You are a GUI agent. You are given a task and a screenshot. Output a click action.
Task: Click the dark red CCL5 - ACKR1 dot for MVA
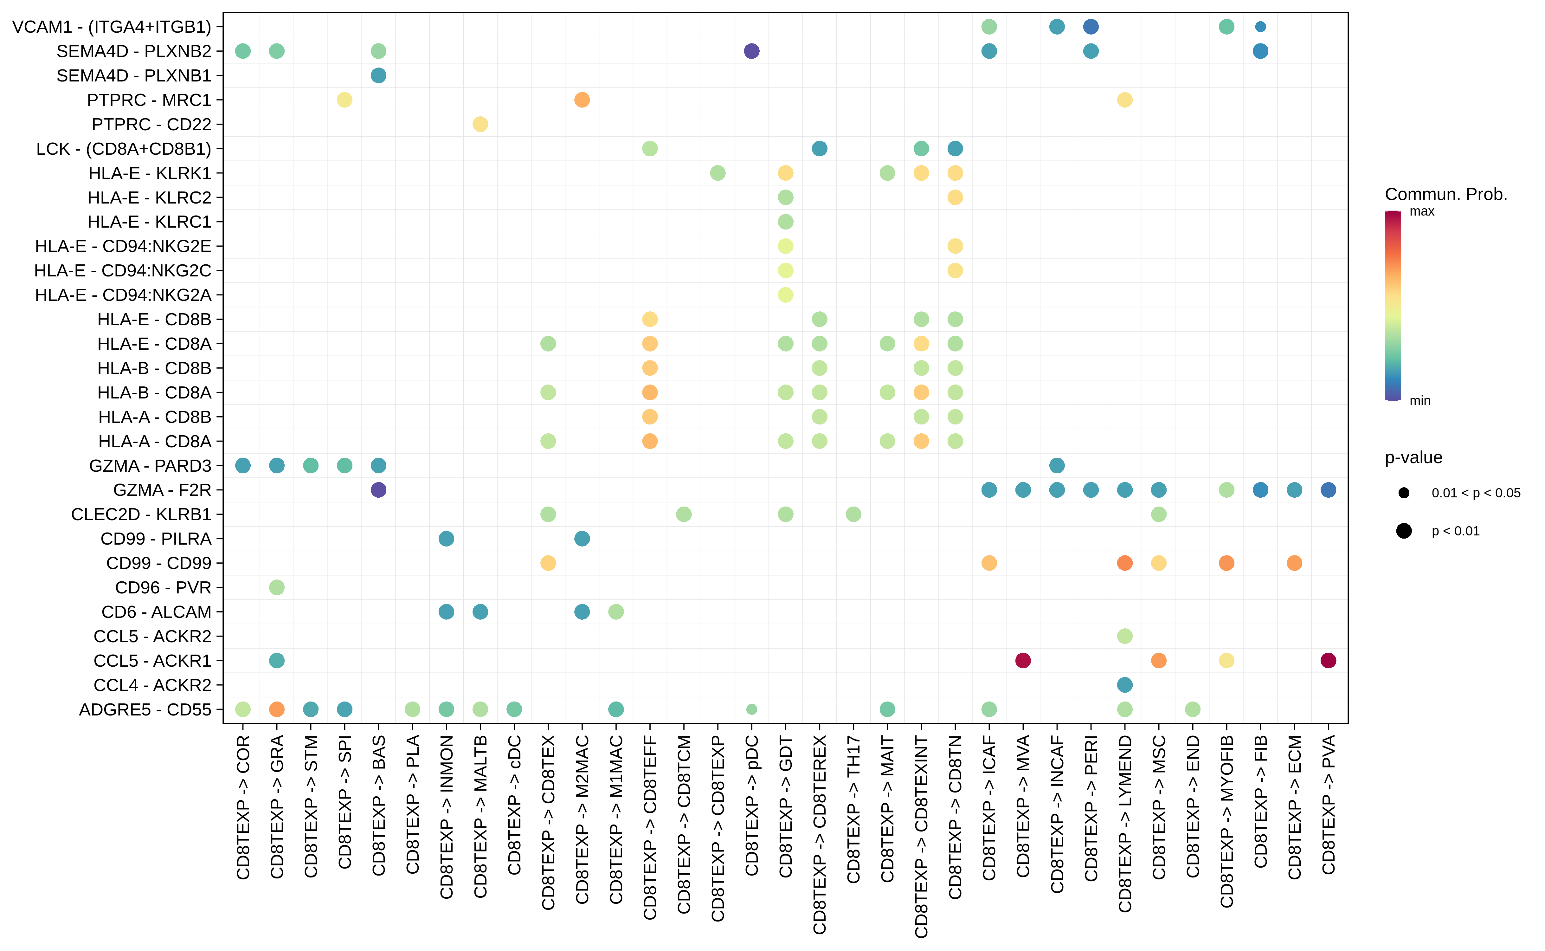pyautogui.click(x=1023, y=660)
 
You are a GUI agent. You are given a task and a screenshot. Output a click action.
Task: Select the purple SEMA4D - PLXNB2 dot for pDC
pyautogui.click(x=751, y=51)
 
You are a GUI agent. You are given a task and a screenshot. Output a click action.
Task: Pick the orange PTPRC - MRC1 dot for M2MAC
pyautogui.click(x=582, y=100)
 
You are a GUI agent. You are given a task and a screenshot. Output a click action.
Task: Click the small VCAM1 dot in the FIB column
pyautogui.click(x=1260, y=26)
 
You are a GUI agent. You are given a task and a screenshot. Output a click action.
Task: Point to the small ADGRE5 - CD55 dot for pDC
pyautogui.click(x=751, y=709)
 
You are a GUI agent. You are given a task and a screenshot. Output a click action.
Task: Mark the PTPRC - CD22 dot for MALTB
pyautogui.click(x=480, y=125)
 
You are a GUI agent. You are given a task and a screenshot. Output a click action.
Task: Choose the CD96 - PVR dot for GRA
pyautogui.click(x=277, y=587)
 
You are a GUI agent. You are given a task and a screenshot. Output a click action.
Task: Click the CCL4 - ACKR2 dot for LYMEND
pyautogui.click(x=1125, y=685)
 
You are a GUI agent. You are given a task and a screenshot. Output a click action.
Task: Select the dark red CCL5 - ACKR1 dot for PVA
pyautogui.click(x=1328, y=660)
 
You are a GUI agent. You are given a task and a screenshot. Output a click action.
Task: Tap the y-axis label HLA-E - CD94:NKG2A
pyautogui.click(x=123, y=295)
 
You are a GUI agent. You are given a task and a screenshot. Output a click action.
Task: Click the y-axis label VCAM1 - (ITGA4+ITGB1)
pyautogui.click(x=112, y=27)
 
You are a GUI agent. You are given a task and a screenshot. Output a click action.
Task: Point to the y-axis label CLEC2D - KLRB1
pyautogui.click(x=141, y=514)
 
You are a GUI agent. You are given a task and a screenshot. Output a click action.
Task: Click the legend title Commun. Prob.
pyautogui.click(x=1446, y=194)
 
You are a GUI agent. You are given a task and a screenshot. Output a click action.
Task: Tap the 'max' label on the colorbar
pyautogui.click(x=1422, y=211)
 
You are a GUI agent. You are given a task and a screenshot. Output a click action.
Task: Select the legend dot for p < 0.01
pyautogui.click(x=1404, y=531)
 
